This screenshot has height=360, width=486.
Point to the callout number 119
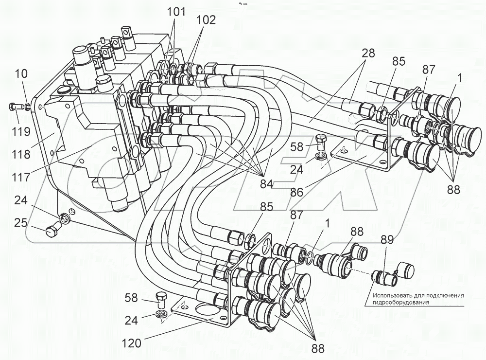pos(21,131)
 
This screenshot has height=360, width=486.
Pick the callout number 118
pos(22,154)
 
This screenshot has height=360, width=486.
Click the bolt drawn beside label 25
pos(52,233)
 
